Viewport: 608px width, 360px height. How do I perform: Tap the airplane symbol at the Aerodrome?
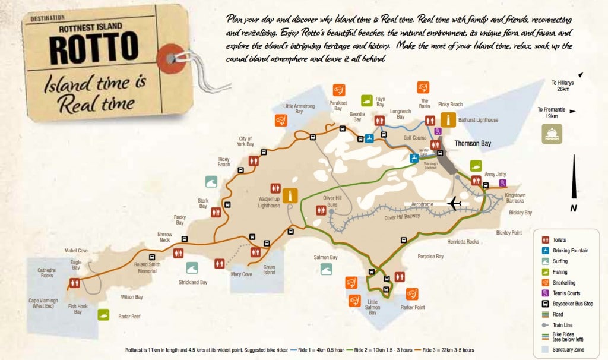pyautogui.click(x=455, y=203)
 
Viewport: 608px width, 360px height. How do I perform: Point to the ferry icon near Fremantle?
pyautogui.click(x=551, y=134)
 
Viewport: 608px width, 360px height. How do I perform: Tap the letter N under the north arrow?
pyautogui.click(x=573, y=208)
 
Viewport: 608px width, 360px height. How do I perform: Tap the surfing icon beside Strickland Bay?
pyautogui.click(x=192, y=268)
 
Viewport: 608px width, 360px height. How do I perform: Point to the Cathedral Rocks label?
pyautogui.click(x=42, y=273)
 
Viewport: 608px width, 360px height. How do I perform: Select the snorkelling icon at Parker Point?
pyautogui.click(x=412, y=294)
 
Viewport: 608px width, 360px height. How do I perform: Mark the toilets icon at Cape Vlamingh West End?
pyautogui.click(x=74, y=283)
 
